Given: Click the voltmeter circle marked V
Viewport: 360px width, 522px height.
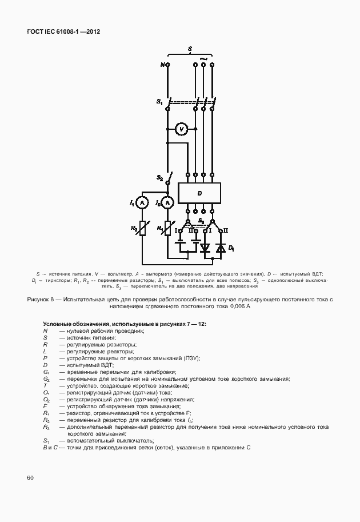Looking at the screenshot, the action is coord(182,129).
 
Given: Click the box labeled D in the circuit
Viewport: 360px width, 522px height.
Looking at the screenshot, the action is coord(199,193).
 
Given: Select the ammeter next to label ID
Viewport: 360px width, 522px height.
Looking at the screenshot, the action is coord(167,202).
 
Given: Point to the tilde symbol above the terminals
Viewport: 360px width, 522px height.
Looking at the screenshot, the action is coord(201,58).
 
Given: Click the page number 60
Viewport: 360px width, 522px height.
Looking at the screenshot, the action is coord(29,476).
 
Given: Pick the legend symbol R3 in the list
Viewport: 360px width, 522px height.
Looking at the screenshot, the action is coord(46,427).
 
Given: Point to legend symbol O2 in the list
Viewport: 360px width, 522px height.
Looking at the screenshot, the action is coord(46,400).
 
